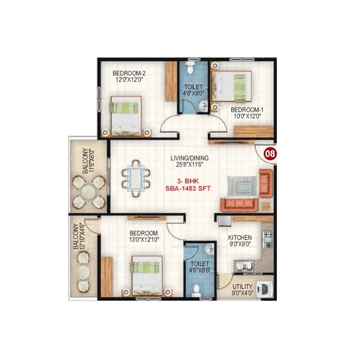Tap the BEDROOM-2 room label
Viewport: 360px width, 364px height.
[x=129, y=73]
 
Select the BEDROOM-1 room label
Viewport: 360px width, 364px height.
[x=246, y=110]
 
